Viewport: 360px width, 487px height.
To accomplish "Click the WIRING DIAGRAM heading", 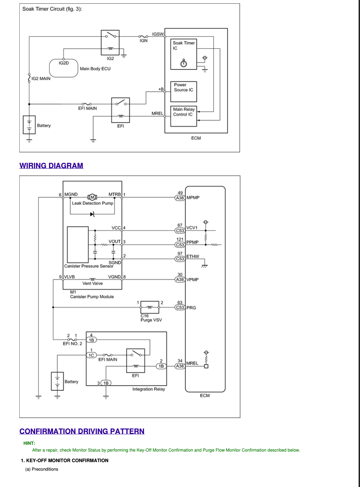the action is coord(51,166).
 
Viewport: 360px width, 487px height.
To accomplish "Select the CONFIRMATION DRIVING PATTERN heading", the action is coord(82,431).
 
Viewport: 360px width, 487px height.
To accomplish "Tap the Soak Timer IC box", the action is coord(183,54).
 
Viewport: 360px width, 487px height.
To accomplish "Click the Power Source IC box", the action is coord(183,92).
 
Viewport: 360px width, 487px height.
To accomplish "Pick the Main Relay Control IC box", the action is coord(183,116).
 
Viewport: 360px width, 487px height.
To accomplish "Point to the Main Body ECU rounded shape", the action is coord(64,68).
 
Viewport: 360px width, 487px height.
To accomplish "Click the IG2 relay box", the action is coord(110,43).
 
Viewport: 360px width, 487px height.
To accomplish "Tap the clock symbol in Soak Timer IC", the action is coord(184,63).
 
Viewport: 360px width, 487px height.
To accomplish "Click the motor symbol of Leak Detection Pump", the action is coord(92,197).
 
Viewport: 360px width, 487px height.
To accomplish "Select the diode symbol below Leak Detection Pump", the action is coord(92,214).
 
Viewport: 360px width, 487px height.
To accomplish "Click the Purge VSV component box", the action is coord(150,307).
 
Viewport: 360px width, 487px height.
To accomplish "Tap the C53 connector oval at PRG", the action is coord(180,308).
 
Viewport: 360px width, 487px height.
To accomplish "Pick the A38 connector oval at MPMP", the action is coord(180,198).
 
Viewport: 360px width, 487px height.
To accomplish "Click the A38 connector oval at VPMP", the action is coord(180,280).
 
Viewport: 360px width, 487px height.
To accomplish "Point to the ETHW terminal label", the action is coord(193,256).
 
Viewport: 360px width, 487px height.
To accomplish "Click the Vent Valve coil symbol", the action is coord(93,279).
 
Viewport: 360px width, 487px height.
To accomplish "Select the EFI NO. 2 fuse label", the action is coord(72,343).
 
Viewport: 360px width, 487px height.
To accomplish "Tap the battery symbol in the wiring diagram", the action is coord(57,381).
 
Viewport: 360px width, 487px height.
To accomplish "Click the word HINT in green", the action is coord(29,443).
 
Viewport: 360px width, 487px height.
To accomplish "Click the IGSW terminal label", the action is coord(158,34).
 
